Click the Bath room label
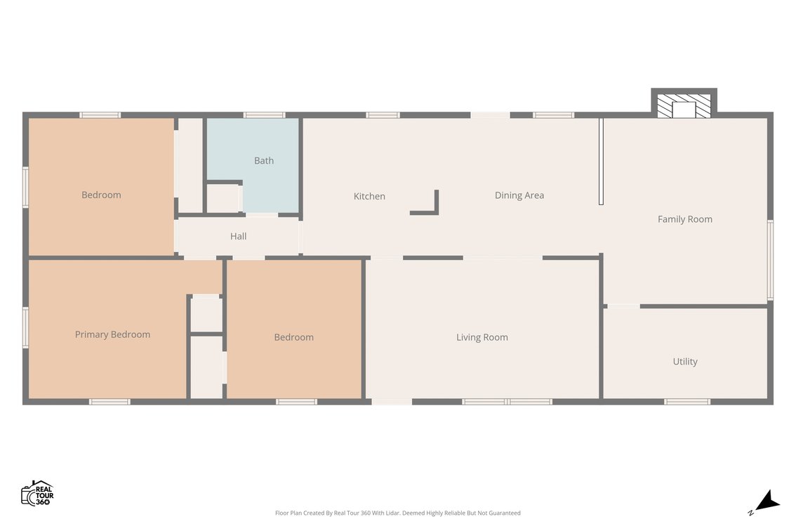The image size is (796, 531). pos(264,161)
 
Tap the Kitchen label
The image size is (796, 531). pos(369,196)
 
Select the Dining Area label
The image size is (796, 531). pos(519,195)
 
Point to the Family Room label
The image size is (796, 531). pos(685,219)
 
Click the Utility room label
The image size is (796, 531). pos(685,361)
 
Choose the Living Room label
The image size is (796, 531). pos(482,337)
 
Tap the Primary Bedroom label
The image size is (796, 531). pos(112,334)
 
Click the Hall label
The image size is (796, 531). pos(238,236)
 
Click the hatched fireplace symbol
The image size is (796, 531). pos(684,105)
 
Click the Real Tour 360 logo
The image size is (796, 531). pos(37,493)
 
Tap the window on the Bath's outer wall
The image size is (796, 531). pos(264,114)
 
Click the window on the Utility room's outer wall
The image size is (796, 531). pos(687,402)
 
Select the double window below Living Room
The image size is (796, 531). pos(507,402)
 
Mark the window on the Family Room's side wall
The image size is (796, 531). pos(770,260)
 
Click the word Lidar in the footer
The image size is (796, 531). pos(391,513)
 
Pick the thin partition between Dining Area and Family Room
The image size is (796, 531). pos(601,162)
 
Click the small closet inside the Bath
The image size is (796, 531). pos(223,198)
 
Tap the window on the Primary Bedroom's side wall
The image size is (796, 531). pos(25,327)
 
